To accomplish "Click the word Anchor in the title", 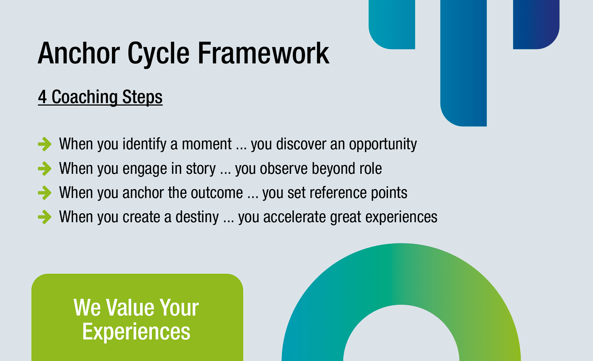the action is (79, 53).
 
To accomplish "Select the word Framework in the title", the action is (263, 53).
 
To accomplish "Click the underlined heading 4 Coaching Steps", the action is (100, 97).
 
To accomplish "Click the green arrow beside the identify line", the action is (44, 144).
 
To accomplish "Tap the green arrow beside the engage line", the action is (44, 169).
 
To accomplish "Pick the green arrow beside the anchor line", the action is (44, 193).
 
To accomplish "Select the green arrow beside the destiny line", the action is (44, 217).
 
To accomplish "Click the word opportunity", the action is (383, 145).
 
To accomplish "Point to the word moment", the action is (207, 144).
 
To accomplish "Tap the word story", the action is (201, 169).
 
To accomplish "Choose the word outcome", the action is (217, 193).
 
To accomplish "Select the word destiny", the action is (197, 217).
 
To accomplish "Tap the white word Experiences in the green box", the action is (136, 332).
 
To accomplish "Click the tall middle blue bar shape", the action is (463, 63).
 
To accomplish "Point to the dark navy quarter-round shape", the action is (536, 25).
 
